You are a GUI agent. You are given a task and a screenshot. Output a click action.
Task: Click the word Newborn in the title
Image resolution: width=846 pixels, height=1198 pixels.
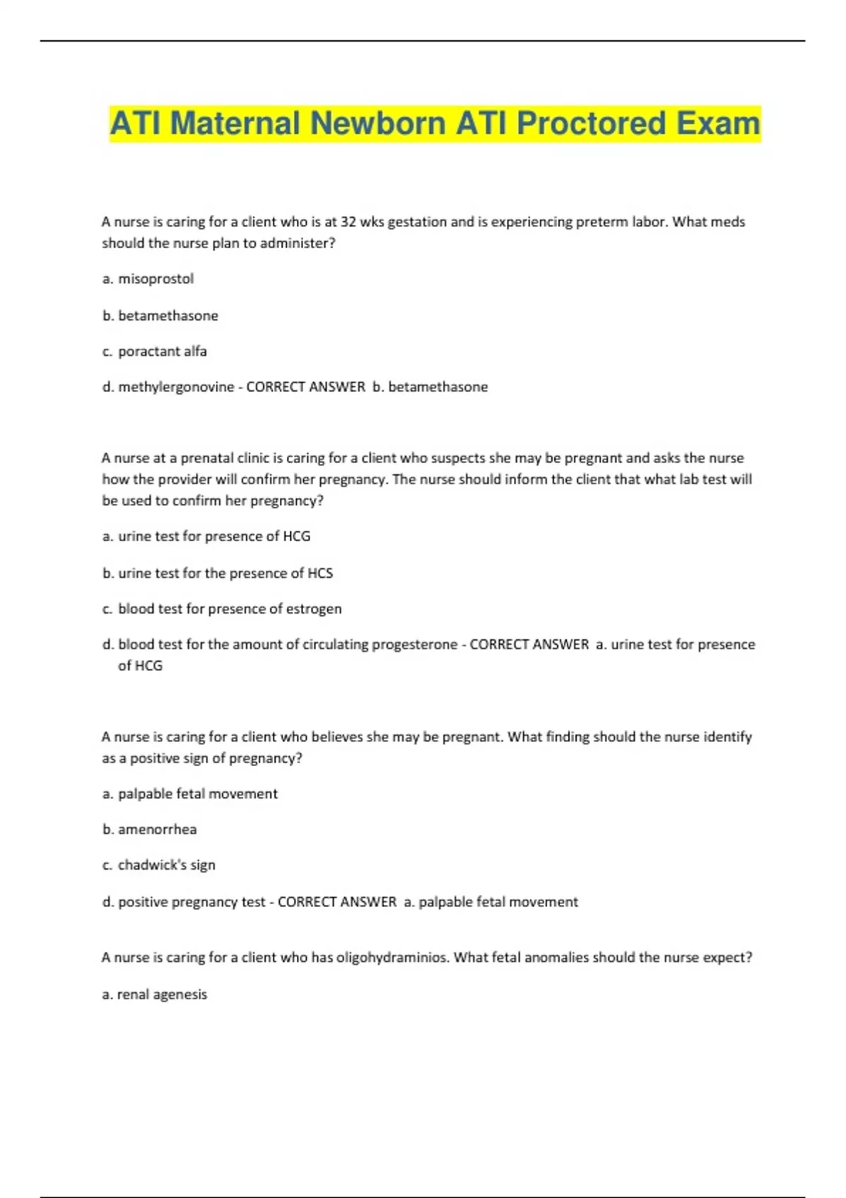pos(377,123)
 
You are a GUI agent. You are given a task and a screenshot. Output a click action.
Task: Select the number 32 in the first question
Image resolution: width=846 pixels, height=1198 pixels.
pos(348,222)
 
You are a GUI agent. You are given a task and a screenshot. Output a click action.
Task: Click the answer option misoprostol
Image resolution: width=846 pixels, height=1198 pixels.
pos(155,279)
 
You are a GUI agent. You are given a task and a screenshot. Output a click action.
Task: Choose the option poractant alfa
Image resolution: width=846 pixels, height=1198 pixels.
pos(162,351)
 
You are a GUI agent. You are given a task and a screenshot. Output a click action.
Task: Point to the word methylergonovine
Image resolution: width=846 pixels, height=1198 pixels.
pos(176,387)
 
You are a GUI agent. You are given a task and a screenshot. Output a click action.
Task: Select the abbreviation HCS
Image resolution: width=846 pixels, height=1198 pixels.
pos(320,573)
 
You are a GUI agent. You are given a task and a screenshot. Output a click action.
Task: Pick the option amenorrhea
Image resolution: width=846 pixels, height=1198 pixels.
pos(157,829)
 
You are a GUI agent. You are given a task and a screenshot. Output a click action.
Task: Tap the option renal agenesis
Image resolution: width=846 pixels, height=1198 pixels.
pos(161,994)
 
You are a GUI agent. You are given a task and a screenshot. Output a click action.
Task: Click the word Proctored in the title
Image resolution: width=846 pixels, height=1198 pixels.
pos(591,123)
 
